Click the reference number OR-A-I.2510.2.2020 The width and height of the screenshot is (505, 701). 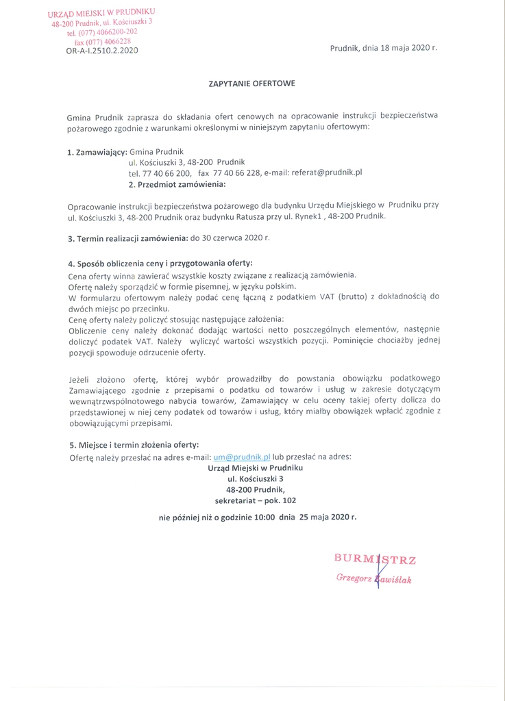coord(92,49)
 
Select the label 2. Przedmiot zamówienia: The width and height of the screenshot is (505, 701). coord(177,185)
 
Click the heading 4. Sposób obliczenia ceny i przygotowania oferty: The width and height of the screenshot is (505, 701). coord(160,264)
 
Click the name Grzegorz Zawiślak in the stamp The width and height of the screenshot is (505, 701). coord(373,579)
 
